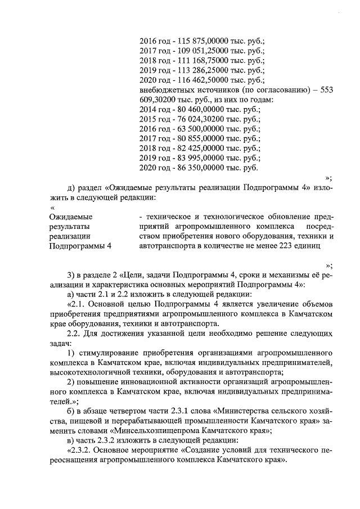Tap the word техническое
click(x=166, y=216)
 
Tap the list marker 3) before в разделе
click(x=71, y=274)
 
